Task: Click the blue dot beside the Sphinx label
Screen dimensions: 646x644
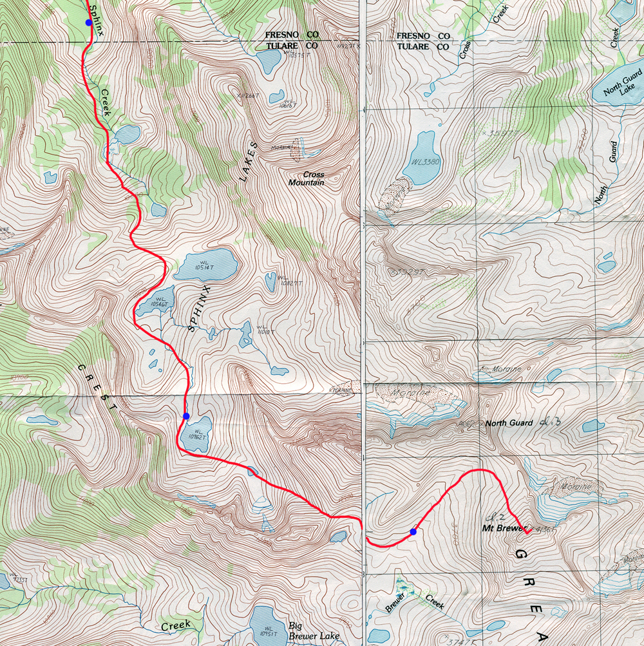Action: pos(88,22)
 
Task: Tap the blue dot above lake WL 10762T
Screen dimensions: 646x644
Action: pos(185,415)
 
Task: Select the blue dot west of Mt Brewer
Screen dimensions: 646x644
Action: pos(413,531)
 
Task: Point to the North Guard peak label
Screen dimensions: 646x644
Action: pos(509,423)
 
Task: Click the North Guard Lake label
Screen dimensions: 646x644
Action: pos(619,88)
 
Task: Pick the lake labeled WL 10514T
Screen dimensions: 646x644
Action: pos(205,265)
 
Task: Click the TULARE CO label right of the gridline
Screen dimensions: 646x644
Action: pos(422,47)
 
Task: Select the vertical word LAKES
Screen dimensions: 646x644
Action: pos(249,162)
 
